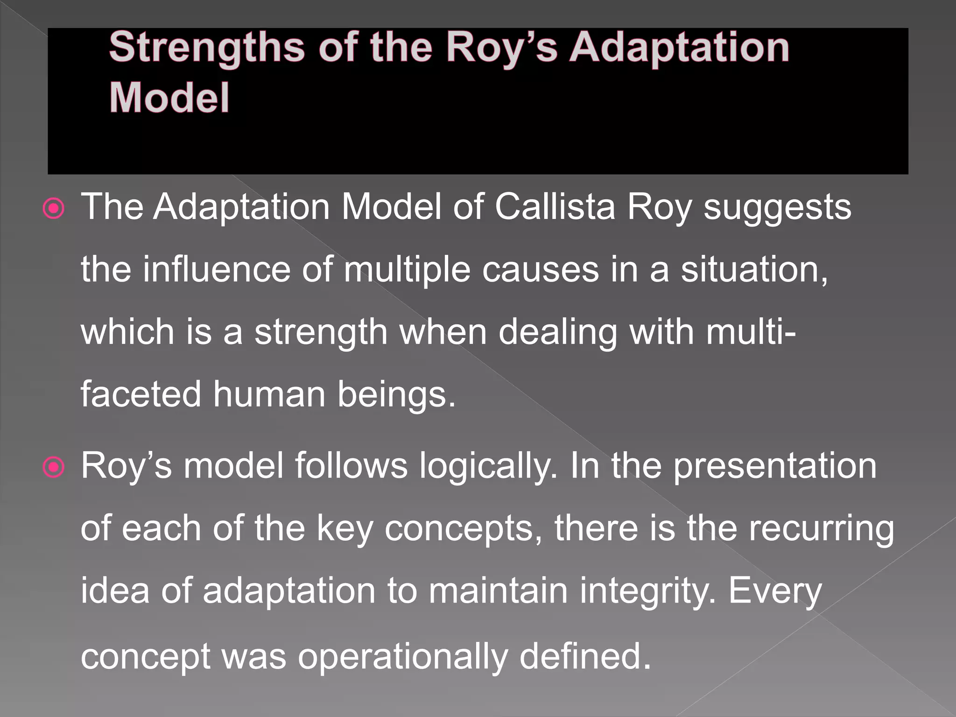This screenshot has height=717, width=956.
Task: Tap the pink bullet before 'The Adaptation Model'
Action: point(54,209)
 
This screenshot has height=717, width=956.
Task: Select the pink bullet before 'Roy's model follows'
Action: point(54,467)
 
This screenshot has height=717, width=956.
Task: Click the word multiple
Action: point(407,271)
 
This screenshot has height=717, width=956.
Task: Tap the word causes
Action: point(540,271)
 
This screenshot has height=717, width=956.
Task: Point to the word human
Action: point(269,394)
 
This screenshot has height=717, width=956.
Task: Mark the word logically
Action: point(488,467)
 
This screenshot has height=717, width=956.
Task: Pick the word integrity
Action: point(648,592)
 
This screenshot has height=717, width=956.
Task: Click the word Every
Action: point(775,592)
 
